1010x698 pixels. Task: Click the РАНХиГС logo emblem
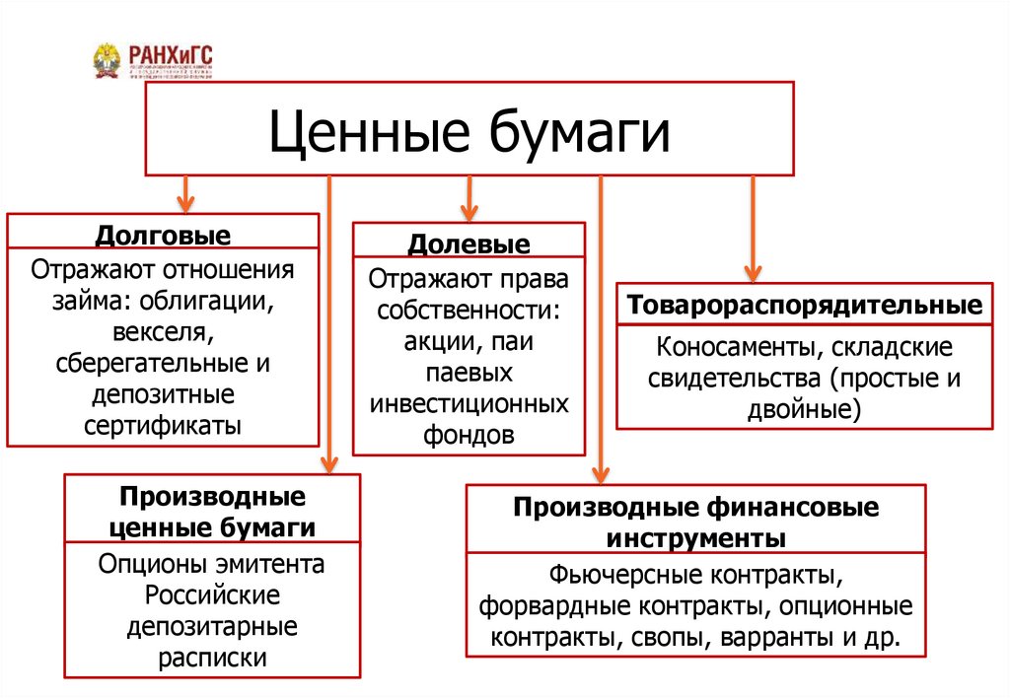(x=108, y=61)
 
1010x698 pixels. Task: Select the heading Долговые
(x=163, y=237)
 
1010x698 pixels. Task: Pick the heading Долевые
(x=469, y=244)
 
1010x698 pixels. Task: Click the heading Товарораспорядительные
(x=804, y=307)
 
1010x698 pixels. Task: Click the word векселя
(x=163, y=331)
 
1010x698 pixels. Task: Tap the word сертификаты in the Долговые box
(x=163, y=425)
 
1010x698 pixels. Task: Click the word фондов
(x=469, y=437)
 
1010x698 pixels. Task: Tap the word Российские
(x=212, y=596)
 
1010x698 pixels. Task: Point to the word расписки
(x=212, y=659)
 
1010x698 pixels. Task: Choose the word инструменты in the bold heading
(x=695, y=539)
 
